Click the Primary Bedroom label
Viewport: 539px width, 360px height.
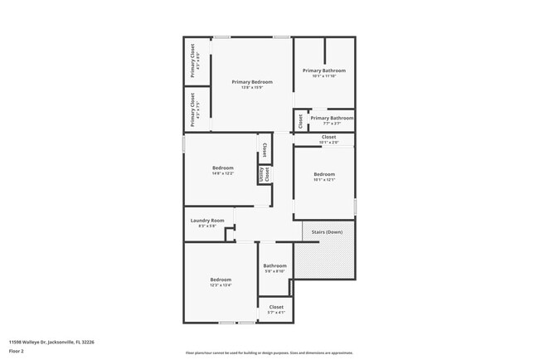252,81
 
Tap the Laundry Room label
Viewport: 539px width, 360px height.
207,221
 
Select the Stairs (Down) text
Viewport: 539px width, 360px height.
328,231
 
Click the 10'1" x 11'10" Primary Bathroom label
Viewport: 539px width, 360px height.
323,71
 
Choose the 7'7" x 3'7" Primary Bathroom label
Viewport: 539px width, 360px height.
332,119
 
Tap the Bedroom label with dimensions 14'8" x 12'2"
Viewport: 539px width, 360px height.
221,168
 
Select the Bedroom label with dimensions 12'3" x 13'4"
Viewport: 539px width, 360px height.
221,280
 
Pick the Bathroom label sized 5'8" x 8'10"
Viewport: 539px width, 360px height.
274,265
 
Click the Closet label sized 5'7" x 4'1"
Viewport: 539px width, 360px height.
275,307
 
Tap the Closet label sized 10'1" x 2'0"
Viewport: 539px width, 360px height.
328,137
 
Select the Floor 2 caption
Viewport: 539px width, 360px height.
17,352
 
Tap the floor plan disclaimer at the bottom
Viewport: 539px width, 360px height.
269,352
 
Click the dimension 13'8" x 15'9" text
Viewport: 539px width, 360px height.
252,88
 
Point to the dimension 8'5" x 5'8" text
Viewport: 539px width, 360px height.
207,226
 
